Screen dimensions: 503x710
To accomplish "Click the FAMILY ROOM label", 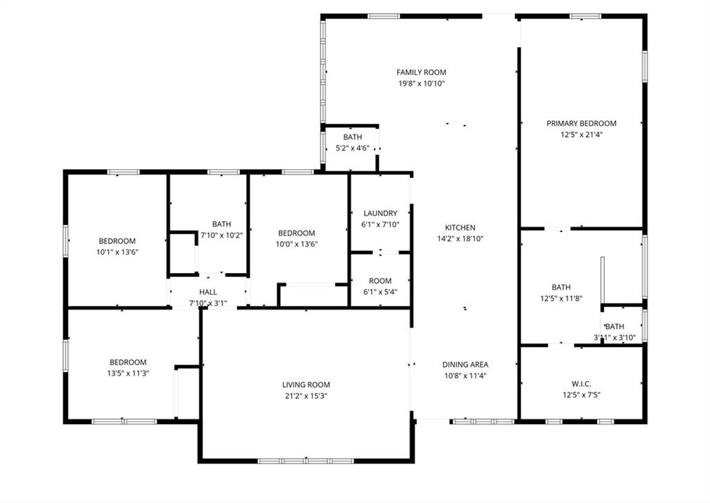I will [x=421, y=72].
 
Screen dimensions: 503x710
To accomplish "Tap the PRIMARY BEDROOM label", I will [x=581, y=123].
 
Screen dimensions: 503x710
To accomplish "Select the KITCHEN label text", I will [x=460, y=227].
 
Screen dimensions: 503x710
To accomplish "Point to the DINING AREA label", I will [x=465, y=364].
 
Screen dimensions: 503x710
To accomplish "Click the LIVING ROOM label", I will [x=306, y=385].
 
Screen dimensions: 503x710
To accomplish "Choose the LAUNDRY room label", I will [x=380, y=213].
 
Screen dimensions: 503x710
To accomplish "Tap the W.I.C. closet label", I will [x=581, y=383].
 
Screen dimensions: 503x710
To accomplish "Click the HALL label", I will [x=208, y=292].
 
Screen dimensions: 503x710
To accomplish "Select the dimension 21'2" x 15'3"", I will [x=306, y=396].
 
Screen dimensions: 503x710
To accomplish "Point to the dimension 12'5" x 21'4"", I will [x=581, y=135].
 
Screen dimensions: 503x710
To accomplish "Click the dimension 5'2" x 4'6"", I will [x=352, y=148].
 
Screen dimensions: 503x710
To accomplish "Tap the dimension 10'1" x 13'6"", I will [x=116, y=252].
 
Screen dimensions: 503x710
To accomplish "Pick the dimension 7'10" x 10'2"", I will [x=222, y=235].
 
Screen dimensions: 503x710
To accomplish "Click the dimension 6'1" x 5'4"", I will [x=380, y=292].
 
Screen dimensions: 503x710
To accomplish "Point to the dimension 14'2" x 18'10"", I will [x=460, y=239].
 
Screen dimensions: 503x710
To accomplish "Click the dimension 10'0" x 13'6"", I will [x=297, y=245].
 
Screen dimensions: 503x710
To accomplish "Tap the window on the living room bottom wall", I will [x=306, y=461].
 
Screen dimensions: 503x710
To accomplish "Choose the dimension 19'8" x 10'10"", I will [x=421, y=84].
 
